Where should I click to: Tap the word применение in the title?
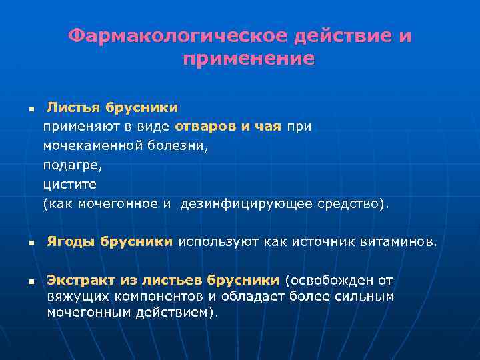pos(248,59)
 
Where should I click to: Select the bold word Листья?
pos(71,107)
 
